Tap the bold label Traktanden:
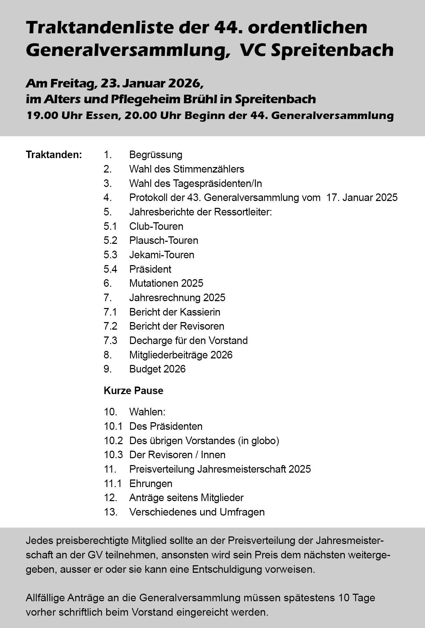[54, 155]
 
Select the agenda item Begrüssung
[156, 155]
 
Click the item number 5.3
[110, 255]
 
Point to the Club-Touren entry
[156, 226]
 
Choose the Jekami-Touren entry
[161, 255]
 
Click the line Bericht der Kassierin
[174, 312]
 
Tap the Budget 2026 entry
[157, 369]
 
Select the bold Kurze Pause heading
[133, 391]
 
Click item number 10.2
[113, 440]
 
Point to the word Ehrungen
[150, 484]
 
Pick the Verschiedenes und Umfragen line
[197, 512]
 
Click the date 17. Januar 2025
[362, 198]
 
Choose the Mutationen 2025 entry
[166, 283]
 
